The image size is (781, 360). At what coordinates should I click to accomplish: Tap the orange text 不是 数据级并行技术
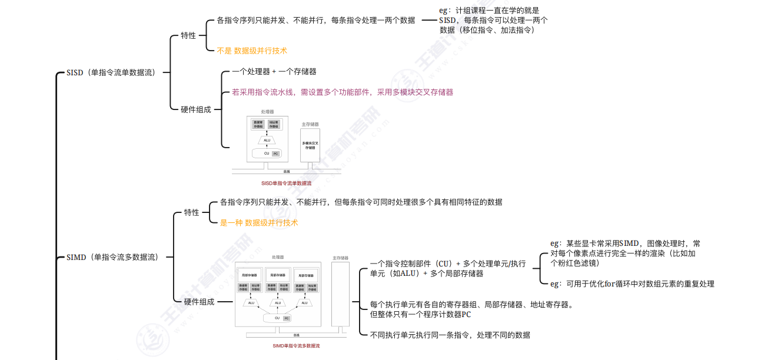252,51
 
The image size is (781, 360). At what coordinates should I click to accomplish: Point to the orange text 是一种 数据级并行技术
259,223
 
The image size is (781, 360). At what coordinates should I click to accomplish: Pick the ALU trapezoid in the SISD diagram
267,140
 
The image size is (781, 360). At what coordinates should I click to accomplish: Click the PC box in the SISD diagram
275,154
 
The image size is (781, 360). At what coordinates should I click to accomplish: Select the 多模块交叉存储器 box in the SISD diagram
310,145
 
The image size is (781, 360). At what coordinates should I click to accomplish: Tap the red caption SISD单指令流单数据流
286,183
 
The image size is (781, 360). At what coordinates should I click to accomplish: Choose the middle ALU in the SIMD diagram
277,303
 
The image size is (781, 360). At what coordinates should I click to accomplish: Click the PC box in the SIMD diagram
287,318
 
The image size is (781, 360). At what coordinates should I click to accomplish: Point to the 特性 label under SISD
188,36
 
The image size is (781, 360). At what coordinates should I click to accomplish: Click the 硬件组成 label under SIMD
198,302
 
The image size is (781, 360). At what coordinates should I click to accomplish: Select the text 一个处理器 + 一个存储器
274,72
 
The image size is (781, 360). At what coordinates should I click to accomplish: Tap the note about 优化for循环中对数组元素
632,284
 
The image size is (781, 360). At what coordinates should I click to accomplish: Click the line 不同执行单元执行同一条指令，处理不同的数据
450,335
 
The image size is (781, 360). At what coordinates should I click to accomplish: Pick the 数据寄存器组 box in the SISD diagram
259,125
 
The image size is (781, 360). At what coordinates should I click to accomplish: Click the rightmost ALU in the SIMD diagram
304,303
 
